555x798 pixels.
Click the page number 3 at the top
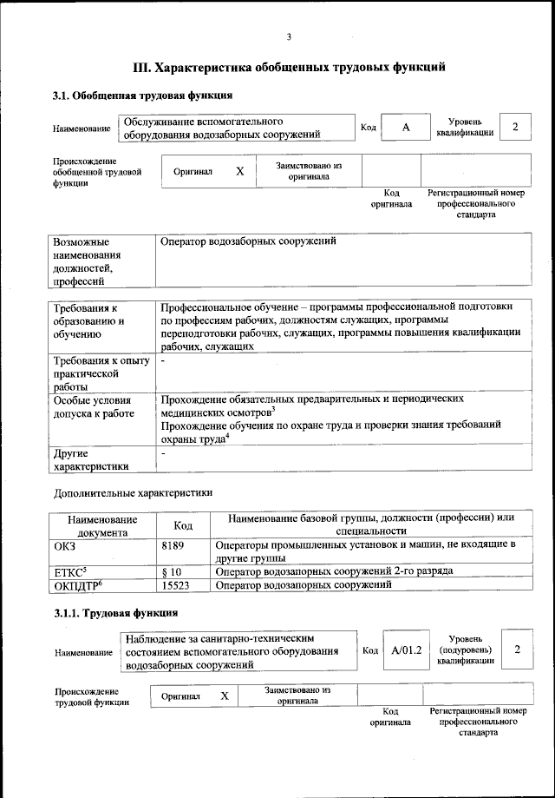point(289,36)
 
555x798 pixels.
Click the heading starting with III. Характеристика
point(289,66)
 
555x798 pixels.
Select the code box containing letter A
point(405,128)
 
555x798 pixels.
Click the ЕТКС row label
point(70,571)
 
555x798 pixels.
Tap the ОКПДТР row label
point(73,585)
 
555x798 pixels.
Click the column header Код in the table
point(182,524)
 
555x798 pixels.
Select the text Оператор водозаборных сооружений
point(248,241)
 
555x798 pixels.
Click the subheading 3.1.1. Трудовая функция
point(104,615)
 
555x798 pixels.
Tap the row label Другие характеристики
point(91,459)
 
